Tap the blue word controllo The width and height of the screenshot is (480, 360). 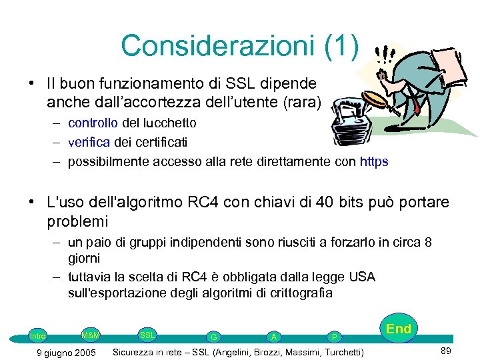click(93, 123)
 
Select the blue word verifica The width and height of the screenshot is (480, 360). click(89, 142)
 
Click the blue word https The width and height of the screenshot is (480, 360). click(374, 161)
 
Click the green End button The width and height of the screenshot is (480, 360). click(399, 329)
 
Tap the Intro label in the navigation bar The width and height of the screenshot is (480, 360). click(38, 336)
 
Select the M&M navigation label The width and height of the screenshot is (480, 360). click(90, 334)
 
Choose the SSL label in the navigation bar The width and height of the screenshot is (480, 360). click(147, 334)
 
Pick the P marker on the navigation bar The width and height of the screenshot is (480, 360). click(335, 337)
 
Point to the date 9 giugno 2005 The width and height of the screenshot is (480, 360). click(66, 352)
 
